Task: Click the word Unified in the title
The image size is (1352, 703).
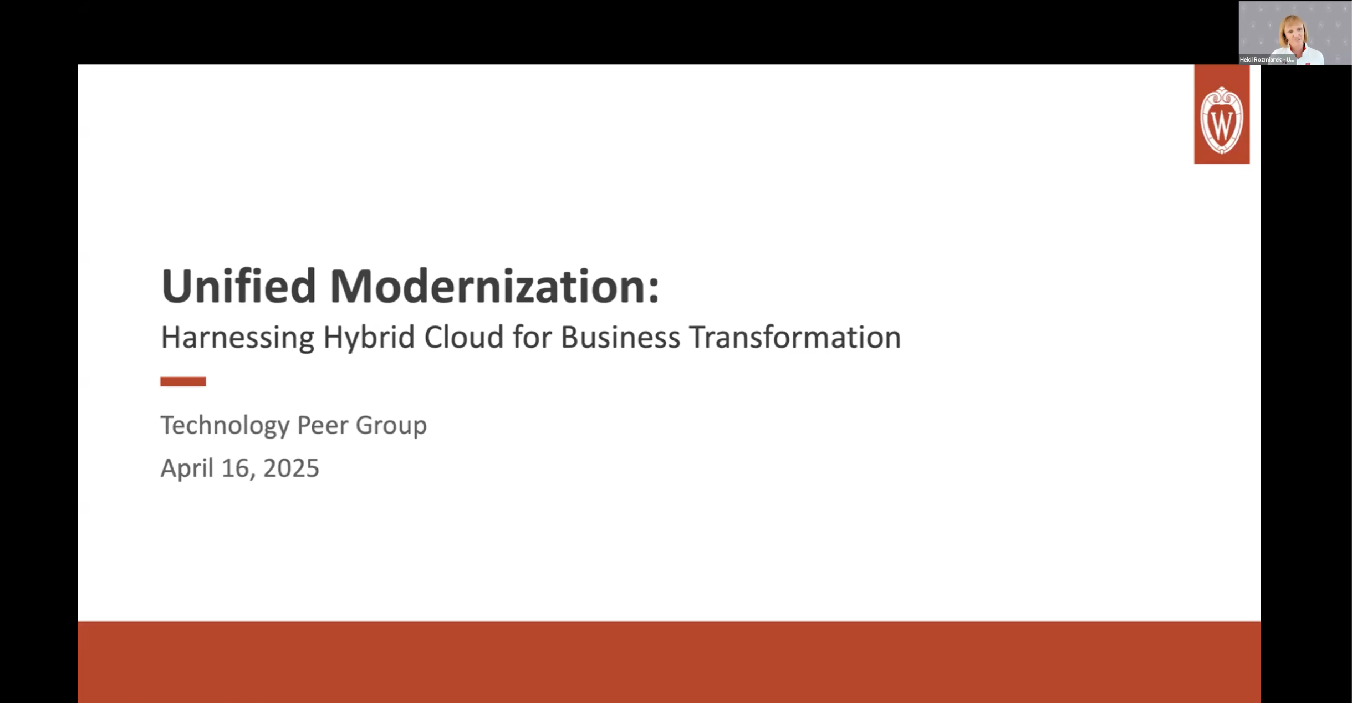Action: pos(238,287)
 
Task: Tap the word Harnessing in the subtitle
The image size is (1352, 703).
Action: pos(237,338)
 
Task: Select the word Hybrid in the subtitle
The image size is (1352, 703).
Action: pos(369,338)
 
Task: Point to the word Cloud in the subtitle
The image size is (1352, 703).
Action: pos(463,337)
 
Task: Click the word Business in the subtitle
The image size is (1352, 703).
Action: pos(620,337)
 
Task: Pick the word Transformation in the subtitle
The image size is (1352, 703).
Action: pos(795,337)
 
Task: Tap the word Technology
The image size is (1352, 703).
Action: pos(225,426)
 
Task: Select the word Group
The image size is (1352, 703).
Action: pos(391,426)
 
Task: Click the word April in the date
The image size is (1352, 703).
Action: pos(187,468)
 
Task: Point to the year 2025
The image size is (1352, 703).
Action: pos(291,468)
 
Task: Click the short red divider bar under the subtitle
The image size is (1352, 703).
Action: pos(183,381)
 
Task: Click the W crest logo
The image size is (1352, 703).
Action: pos(1221,120)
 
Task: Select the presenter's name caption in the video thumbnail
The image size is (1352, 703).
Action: pos(1267,59)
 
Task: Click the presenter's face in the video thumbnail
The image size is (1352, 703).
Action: pos(1293,33)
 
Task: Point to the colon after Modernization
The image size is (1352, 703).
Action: pos(654,288)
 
